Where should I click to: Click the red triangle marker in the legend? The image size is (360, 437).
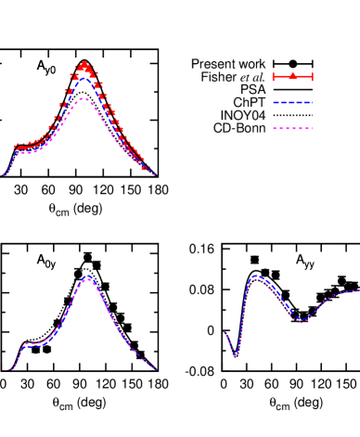(292, 75)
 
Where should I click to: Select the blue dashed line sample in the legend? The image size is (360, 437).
(292, 102)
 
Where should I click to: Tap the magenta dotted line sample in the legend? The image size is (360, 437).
(292, 128)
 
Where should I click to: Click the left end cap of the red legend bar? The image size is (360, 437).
(273, 76)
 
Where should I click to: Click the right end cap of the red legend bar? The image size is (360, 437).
(313, 76)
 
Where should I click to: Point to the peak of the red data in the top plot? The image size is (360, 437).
(84, 65)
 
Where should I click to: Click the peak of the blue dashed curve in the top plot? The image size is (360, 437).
(84, 79)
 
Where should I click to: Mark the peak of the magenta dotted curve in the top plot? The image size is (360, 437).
(84, 98)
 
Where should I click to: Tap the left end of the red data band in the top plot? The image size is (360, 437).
(15, 147)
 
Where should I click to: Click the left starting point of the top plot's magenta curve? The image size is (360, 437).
(5, 174)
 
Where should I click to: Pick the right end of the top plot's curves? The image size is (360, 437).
(154, 174)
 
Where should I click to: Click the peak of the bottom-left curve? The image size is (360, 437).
(88, 276)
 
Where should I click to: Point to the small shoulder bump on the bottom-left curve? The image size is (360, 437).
(28, 344)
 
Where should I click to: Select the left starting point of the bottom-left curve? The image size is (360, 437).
(9, 369)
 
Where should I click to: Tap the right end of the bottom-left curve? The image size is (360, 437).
(156, 369)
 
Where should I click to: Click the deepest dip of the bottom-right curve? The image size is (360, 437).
(236, 354)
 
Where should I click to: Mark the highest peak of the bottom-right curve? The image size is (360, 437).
(255, 276)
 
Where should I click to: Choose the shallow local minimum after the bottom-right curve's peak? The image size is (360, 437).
(301, 320)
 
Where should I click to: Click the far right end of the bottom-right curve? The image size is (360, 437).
(358, 290)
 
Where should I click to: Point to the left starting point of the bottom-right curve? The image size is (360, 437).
(225, 332)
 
